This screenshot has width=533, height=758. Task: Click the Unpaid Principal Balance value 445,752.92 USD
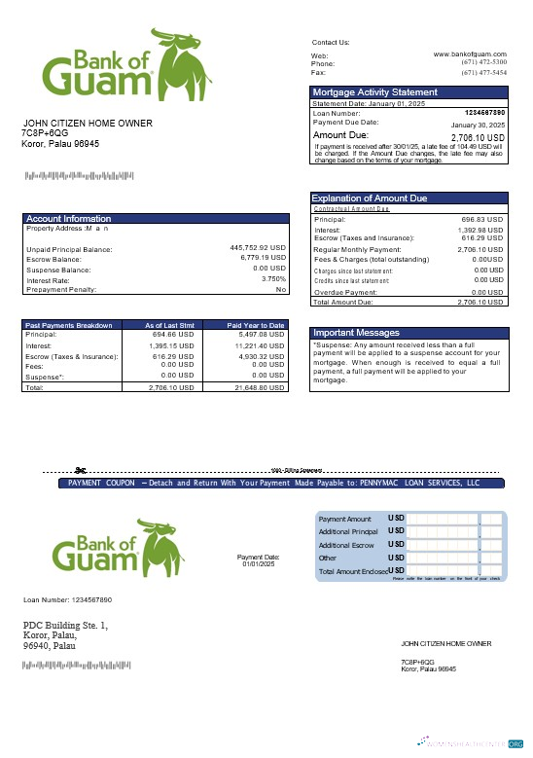click(258, 248)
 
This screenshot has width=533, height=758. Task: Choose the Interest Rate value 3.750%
click(273, 279)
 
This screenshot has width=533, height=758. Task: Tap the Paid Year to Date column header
click(256, 325)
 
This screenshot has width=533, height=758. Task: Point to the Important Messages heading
click(355, 332)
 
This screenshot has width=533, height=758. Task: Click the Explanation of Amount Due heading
click(369, 199)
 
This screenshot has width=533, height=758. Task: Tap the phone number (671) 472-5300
click(483, 63)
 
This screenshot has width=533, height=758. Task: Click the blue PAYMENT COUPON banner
click(272, 483)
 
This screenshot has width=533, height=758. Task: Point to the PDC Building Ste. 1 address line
click(65, 625)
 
